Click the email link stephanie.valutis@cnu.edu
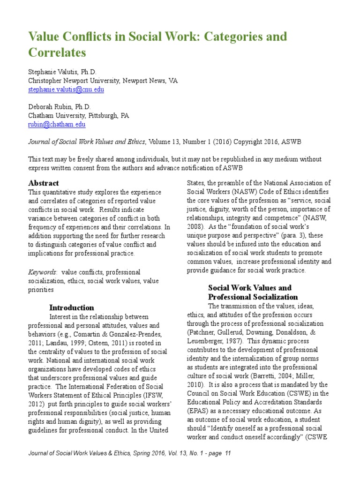(x=66, y=90)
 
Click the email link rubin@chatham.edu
(x=57, y=124)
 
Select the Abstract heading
(x=44, y=183)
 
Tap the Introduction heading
(x=72, y=307)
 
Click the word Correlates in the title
(x=57, y=53)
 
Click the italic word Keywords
(x=42, y=272)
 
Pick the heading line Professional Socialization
(x=253, y=297)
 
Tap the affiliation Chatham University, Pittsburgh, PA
(x=78, y=115)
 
